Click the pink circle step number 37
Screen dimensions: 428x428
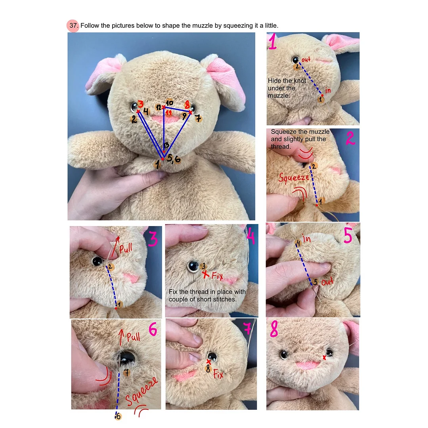coord(73,26)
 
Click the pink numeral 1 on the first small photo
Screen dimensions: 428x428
coord(272,42)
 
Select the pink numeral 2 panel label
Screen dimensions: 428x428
coord(350,138)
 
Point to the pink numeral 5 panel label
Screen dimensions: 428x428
coord(348,236)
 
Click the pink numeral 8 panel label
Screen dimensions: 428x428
coord(274,328)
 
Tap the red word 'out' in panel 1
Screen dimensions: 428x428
coord(306,59)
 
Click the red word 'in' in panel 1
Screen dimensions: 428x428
coord(328,90)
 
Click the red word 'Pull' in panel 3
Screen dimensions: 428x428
coord(126,248)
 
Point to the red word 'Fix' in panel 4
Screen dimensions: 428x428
coord(218,276)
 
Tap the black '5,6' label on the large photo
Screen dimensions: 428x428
coord(174,158)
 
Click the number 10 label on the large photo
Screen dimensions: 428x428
coord(170,103)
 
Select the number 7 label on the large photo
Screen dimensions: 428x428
coord(199,118)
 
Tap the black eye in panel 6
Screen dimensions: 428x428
coord(127,357)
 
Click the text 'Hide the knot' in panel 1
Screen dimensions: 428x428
coord(287,81)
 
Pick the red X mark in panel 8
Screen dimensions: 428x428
coord(324,357)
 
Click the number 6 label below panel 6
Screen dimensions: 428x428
coord(118,416)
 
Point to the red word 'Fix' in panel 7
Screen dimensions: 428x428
coord(218,374)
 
